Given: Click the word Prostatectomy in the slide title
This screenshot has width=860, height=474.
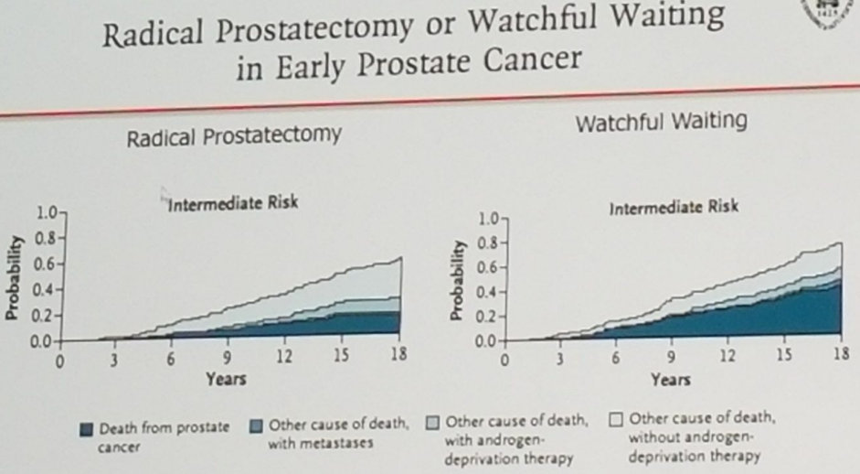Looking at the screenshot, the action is [x=313, y=28].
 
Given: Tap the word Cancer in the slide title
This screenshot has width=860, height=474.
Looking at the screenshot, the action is [x=532, y=59].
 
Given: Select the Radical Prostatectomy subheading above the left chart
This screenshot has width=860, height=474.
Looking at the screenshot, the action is [x=234, y=136].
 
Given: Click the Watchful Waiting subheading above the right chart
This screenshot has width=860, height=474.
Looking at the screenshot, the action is [x=661, y=122].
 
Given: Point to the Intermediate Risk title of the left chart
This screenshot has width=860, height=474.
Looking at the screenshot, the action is [x=233, y=203].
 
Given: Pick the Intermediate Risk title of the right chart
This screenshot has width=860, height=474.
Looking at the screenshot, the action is [x=674, y=208].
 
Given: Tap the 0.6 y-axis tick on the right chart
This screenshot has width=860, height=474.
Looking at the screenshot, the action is [x=487, y=267].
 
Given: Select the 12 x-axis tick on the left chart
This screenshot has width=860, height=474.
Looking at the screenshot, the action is [x=284, y=357].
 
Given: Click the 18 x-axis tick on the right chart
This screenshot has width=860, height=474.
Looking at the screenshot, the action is [x=842, y=354].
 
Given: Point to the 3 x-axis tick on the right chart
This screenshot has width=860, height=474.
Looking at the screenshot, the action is [x=559, y=359].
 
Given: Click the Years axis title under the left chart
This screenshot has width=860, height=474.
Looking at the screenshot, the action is [x=226, y=379].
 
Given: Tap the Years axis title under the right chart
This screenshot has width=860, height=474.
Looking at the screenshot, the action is [x=670, y=380].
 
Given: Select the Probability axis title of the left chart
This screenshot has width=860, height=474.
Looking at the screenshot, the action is [x=14, y=278].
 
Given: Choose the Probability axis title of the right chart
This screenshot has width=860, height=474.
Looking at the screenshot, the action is [x=457, y=280].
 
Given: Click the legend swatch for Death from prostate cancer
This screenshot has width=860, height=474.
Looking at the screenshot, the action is [x=86, y=429].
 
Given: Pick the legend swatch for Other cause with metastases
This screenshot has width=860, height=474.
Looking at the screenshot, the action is [x=256, y=426].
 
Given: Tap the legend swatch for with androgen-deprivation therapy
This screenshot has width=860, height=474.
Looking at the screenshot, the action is [x=433, y=423].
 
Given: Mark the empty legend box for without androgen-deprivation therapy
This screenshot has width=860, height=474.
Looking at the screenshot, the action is [x=616, y=420].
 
